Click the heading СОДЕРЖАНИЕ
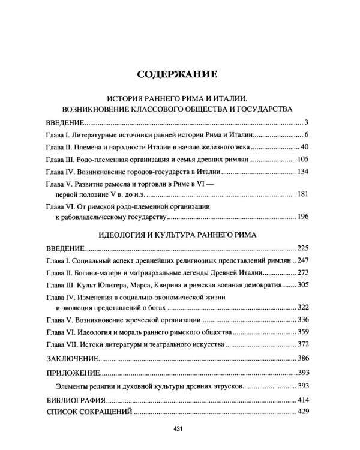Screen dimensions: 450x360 [x=180, y=75]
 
